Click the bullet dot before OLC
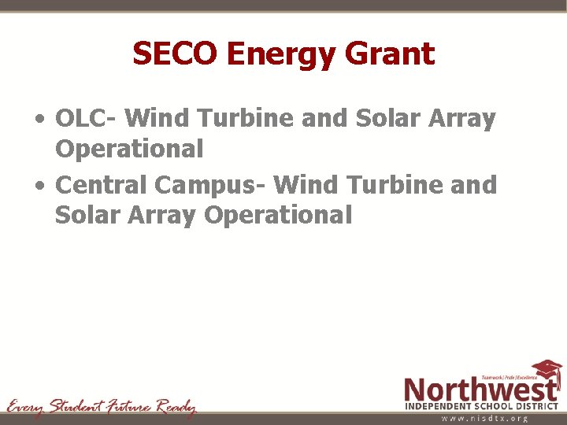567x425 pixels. click(39, 121)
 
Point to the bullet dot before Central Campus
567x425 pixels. click(39, 187)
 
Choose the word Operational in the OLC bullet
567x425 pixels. click(128, 148)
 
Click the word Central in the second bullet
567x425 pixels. click(102, 185)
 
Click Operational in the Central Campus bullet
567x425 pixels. click(278, 214)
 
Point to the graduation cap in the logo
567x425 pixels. click(547, 370)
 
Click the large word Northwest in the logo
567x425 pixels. click(480, 389)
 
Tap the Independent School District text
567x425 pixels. click(482, 405)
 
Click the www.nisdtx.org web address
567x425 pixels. click(484, 419)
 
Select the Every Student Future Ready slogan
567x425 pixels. click(101, 406)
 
